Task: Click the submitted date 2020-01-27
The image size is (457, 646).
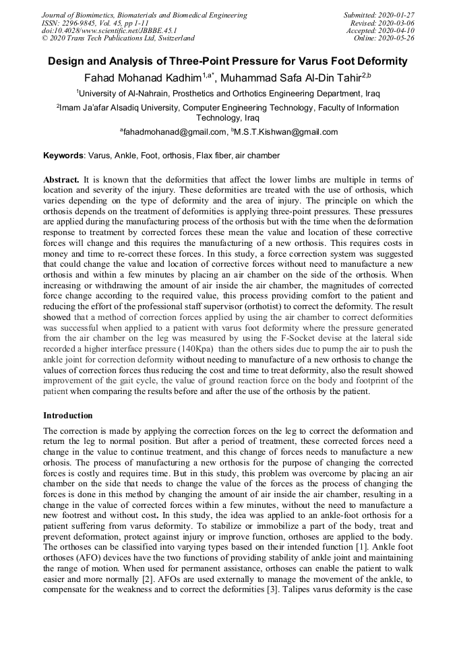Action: point(398,15)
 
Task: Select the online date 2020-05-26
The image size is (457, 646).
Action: point(398,39)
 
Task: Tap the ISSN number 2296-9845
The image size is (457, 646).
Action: point(82,23)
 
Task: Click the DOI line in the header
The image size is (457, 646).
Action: point(109,31)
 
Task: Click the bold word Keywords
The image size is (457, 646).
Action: point(64,156)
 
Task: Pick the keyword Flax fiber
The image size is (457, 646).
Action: point(214,156)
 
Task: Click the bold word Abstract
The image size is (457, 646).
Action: point(61,180)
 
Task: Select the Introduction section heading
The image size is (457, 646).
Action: point(68,416)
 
